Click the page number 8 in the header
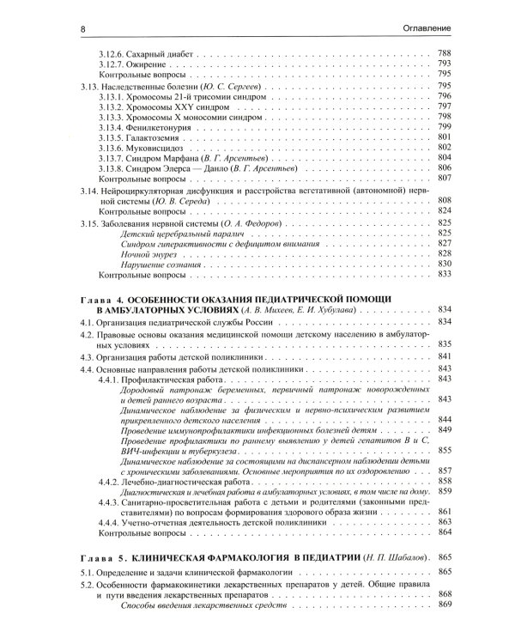tap(82, 29)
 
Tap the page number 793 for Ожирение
tap(444, 65)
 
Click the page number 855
tap(444, 449)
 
